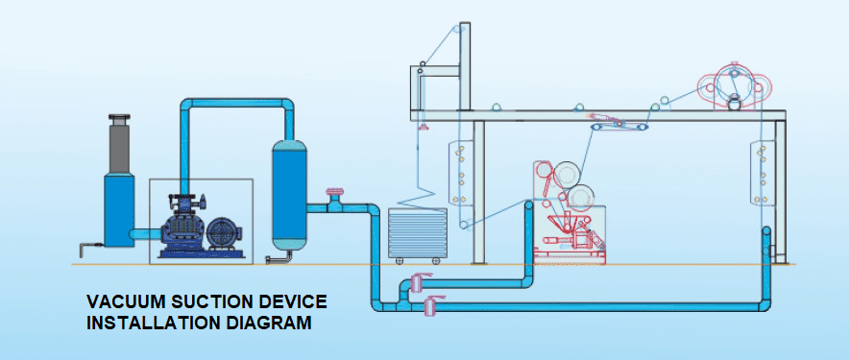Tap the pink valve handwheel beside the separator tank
click(x=333, y=195)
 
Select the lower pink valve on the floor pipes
click(x=429, y=305)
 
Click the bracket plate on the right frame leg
click(x=763, y=171)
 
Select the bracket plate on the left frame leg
click(x=463, y=172)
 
